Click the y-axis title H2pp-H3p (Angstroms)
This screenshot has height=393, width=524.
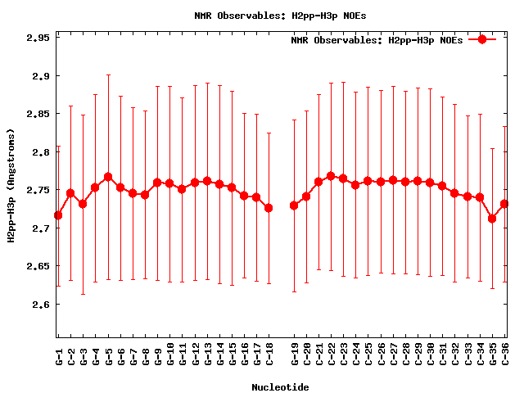coord(11,185)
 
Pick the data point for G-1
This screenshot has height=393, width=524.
coord(58,215)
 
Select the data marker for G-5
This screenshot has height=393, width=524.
coord(108,177)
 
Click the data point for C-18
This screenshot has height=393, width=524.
coord(269,208)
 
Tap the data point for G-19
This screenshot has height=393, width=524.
coord(294,206)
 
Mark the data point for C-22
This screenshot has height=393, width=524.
coord(331,176)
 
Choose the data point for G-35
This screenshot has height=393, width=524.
coord(492,219)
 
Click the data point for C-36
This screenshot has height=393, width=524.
coord(504,204)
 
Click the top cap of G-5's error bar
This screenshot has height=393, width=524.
coord(108,75)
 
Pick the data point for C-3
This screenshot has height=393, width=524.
coord(83,204)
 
